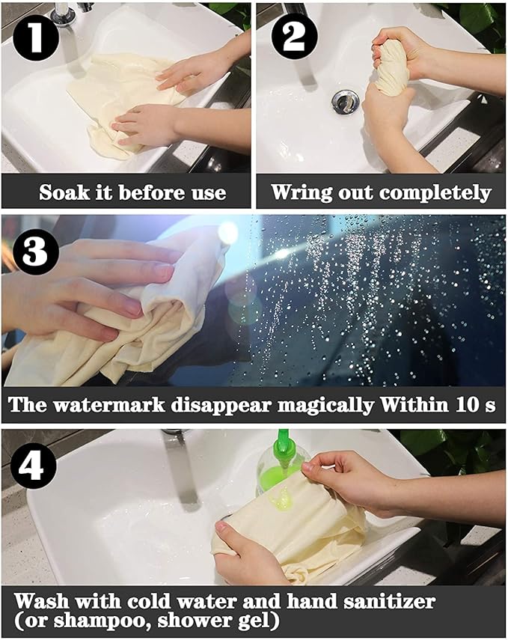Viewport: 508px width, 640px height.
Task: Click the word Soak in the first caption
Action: [x=62, y=193]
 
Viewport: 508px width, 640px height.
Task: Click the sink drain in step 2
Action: [x=345, y=101]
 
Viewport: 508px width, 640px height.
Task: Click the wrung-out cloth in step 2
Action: [x=392, y=67]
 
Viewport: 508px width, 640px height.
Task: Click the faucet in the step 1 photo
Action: [x=63, y=15]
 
